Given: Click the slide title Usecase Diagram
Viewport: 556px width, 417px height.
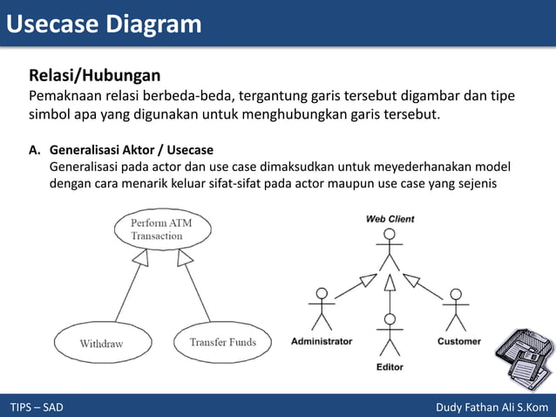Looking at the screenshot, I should tap(104, 24).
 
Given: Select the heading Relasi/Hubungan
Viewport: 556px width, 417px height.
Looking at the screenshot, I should tap(94, 75).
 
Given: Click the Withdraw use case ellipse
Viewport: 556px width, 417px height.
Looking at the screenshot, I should tap(101, 344).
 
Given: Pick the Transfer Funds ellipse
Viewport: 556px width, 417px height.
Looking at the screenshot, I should tap(223, 342).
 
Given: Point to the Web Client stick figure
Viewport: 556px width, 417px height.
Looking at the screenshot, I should tap(390, 250).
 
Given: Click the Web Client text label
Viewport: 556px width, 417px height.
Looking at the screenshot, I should tap(390, 219).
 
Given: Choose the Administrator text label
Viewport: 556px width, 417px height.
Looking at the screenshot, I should tap(322, 341).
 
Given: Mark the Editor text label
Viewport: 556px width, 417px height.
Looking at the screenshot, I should tap(390, 367).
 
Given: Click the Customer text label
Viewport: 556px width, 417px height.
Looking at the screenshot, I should tap(458, 341).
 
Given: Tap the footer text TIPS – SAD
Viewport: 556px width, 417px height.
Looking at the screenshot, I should tap(37, 407).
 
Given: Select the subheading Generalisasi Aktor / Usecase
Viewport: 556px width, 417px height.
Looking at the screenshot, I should tap(132, 150).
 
